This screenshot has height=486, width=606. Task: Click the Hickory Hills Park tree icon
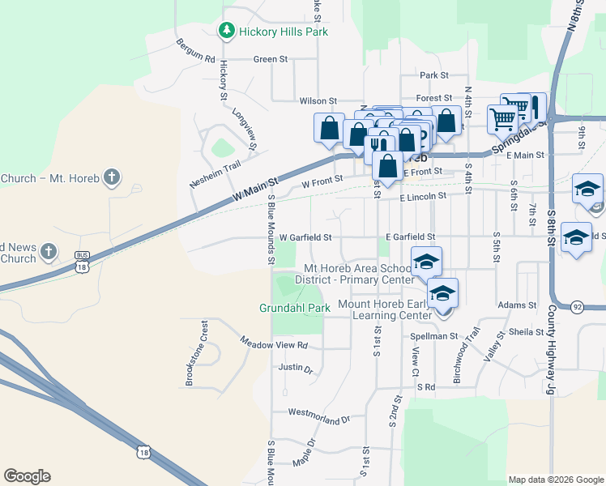[228, 31]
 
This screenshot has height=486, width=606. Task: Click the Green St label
[271, 59]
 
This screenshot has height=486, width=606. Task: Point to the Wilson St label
[317, 101]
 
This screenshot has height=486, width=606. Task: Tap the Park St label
[434, 75]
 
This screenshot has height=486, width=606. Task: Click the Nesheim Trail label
[216, 174]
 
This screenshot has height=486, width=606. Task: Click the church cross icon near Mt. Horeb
[113, 177]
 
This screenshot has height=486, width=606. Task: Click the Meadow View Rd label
[275, 344]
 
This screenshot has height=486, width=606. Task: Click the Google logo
[27, 476]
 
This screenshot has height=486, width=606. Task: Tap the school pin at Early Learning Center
[442, 294]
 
